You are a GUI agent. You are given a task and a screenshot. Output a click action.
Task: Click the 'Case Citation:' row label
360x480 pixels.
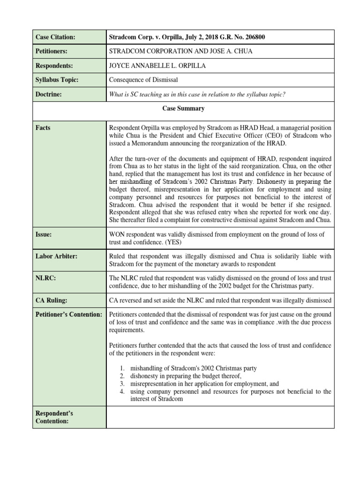56,37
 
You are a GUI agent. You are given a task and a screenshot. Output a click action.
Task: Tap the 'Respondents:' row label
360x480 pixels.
55,66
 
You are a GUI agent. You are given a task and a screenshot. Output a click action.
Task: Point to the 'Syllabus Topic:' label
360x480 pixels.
57,80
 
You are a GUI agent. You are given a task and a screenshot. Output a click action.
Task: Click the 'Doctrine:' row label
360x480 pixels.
49,94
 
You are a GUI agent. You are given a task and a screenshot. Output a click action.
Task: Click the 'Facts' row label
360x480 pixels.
44,127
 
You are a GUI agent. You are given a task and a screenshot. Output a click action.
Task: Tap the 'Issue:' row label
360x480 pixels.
45,234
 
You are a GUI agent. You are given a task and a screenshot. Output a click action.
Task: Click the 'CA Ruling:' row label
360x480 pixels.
53,300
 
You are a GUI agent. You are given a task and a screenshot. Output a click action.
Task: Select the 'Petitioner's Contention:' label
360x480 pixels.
68,314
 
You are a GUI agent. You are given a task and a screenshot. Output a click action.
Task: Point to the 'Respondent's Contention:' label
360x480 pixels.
54,417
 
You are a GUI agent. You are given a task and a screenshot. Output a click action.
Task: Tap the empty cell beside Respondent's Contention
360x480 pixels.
220,417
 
